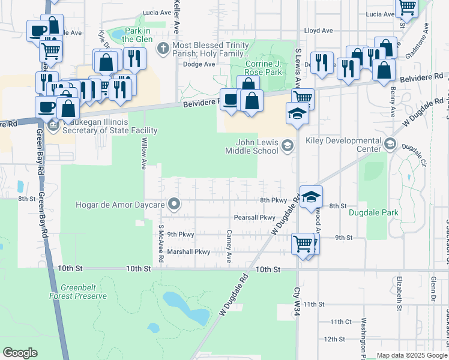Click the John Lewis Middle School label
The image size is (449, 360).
pos(252,146)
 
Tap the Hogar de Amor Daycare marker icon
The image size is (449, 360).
pos(175,205)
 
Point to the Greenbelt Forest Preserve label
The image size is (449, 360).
pos(79,292)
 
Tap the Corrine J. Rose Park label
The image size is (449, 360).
pos(264,68)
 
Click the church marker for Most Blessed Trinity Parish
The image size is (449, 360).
pos(162,48)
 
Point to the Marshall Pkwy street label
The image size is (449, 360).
pos(188,252)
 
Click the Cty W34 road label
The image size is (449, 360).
pos(295,298)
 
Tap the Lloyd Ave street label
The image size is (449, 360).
pos(318,30)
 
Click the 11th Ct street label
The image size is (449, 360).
pos(340,322)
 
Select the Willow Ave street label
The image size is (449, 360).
pos(143,154)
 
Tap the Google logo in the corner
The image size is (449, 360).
pos(20,352)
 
